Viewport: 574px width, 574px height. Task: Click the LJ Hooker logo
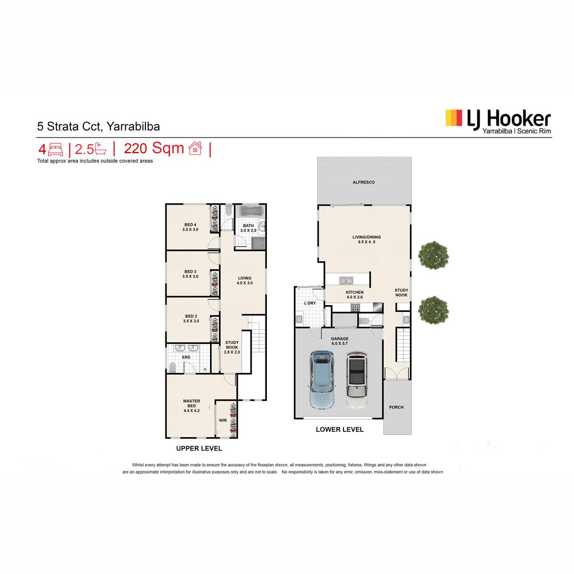[498, 121]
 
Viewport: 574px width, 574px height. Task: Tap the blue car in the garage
[322, 380]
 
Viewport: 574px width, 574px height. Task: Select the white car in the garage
[356, 380]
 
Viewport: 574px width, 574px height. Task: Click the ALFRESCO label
[364, 182]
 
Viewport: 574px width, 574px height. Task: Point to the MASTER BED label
[191, 406]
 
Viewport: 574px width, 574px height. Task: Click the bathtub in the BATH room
[250, 212]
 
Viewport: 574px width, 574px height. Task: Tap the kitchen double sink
[346, 280]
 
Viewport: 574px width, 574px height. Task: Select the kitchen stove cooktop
[355, 307]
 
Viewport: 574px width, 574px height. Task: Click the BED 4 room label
[190, 227]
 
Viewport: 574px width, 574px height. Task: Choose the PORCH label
[396, 407]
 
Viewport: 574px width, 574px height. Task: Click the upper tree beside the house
[433, 255]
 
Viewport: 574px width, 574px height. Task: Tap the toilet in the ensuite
[172, 367]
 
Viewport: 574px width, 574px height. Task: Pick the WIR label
[223, 420]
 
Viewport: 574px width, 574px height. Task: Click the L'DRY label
[310, 303]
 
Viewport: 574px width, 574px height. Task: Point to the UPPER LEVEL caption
[199, 448]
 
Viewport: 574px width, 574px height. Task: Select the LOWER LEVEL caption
[340, 429]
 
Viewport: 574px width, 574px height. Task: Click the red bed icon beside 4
[55, 150]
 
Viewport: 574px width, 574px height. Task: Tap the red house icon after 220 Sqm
[196, 148]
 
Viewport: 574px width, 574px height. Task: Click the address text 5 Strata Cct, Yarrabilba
[99, 127]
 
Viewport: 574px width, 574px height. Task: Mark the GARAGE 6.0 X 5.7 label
[340, 341]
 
